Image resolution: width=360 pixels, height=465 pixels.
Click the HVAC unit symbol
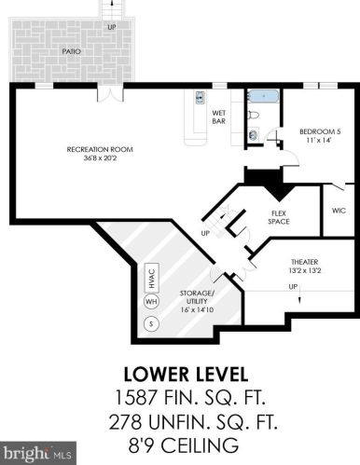tap(152, 278)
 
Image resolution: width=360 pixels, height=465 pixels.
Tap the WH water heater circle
tap(151, 301)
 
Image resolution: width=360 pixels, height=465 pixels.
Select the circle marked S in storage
tap(151, 324)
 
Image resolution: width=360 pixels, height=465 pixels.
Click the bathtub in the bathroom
tap(264, 96)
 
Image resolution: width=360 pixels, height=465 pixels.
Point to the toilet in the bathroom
tap(254, 116)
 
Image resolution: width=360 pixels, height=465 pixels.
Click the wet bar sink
tap(200, 98)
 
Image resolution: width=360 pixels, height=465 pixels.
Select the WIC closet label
tap(339, 211)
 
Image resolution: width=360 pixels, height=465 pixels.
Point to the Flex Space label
tap(279, 217)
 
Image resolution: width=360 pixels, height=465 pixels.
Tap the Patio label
tap(72, 51)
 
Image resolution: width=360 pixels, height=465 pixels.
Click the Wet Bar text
tap(219, 117)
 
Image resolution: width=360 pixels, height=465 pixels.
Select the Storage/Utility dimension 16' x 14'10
tap(197, 309)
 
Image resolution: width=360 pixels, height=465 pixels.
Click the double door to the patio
tap(110, 94)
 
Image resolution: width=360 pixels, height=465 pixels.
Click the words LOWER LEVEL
tap(186, 375)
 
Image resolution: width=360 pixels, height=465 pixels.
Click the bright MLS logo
tap(38, 453)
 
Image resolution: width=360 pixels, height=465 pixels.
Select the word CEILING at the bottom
tap(200, 445)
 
